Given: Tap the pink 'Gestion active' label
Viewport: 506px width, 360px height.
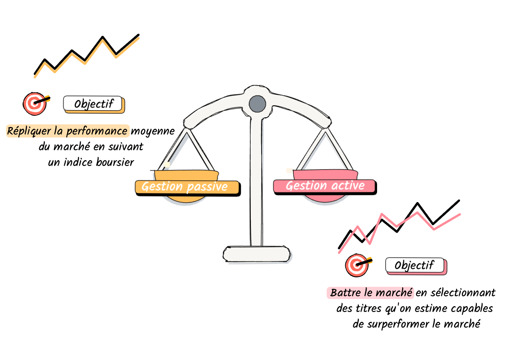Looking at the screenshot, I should click(324, 186).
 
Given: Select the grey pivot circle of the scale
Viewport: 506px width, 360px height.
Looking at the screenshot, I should click(257, 104).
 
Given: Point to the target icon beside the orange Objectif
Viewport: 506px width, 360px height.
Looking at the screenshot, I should click(35, 103).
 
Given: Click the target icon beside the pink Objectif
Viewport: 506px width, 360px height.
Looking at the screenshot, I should click(357, 265).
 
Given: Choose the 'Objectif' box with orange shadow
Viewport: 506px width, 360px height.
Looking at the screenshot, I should click(93, 104).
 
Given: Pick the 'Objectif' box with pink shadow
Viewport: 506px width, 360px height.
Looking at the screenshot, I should click(415, 265).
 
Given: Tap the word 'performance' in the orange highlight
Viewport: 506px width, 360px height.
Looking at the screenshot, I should click(97, 131).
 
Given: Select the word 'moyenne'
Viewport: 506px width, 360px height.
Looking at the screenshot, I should click(152, 131).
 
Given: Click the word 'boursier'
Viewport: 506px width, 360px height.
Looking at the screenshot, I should click(115, 162).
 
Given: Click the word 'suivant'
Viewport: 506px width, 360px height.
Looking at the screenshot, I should click(126, 146).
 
